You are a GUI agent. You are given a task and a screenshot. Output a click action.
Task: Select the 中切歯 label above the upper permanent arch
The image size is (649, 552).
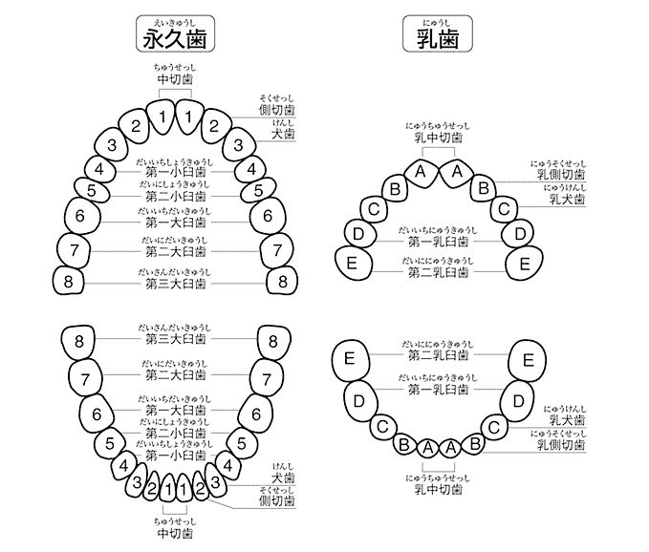click(176, 80)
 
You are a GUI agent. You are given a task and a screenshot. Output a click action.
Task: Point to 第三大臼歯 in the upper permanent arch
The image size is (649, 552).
click(176, 284)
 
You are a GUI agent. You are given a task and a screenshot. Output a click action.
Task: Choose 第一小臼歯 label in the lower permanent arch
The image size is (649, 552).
click(176, 455)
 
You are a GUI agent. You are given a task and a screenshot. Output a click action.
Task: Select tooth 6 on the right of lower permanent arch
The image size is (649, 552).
click(256, 414)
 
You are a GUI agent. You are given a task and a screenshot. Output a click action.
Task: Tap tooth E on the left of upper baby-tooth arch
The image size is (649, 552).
click(353, 263)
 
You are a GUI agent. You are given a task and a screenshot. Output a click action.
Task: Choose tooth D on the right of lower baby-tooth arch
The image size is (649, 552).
click(516, 399)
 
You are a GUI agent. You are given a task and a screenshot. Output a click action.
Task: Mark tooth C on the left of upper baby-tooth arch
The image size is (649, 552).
click(375, 209)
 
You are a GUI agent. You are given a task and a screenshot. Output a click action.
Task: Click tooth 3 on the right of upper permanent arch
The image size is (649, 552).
click(239, 146)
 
